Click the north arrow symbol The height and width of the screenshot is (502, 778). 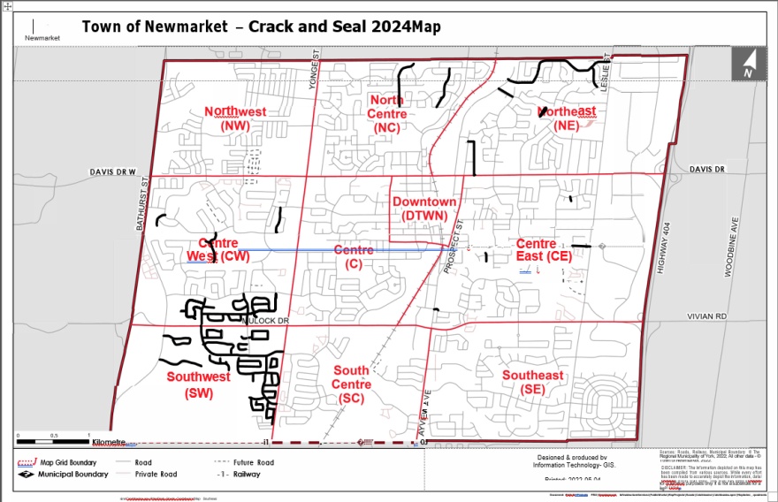(748, 64)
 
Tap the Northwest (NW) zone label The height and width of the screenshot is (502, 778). (235, 118)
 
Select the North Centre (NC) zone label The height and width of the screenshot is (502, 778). (387, 114)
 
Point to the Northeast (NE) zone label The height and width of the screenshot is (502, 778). (567, 118)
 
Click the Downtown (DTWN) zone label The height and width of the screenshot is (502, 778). (424, 209)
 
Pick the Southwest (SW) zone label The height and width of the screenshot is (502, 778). (198, 384)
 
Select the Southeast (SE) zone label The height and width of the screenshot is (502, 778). (532, 383)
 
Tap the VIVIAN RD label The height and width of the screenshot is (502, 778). (707, 316)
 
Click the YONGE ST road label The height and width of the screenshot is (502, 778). (312, 70)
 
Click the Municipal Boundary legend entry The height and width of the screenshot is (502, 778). (62, 475)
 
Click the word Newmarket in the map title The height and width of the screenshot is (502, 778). (198, 27)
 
